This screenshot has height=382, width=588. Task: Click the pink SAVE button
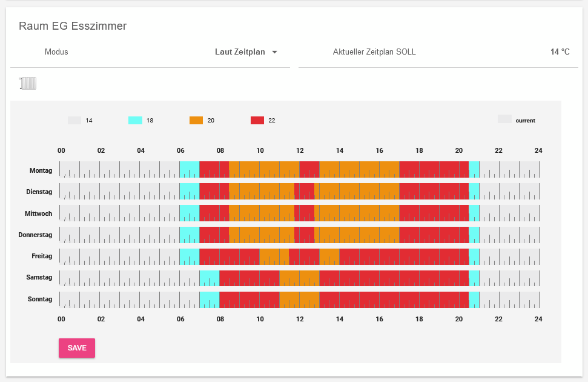tap(77, 348)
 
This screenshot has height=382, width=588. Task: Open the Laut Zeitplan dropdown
tap(246, 52)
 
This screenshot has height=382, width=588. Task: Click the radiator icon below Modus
tap(28, 84)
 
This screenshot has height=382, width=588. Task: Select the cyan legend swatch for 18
tap(135, 120)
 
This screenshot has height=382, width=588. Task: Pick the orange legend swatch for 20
tap(196, 120)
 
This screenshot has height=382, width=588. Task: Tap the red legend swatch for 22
tap(257, 120)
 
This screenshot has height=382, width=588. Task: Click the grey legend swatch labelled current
tap(504, 119)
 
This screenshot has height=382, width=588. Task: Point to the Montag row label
tap(41, 170)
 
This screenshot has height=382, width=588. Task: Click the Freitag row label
tap(42, 256)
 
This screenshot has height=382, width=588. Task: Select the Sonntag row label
tap(40, 300)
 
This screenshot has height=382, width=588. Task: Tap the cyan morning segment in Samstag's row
tap(210, 278)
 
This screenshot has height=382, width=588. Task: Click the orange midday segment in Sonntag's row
tap(299, 300)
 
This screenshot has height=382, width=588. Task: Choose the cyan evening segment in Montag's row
tap(474, 170)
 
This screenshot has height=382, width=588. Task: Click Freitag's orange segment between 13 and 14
tap(329, 256)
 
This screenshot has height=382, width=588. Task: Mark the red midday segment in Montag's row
tap(309, 170)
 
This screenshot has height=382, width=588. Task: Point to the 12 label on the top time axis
tap(300, 151)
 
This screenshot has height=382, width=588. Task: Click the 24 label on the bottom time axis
tap(538, 319)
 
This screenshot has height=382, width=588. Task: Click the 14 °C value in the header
tap(560, 52)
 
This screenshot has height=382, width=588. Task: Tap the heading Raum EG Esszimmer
tap(73, 26)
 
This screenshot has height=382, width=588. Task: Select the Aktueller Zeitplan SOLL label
tap(374, 52)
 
